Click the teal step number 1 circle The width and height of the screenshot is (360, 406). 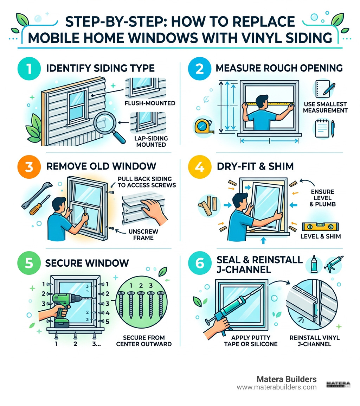click(27, 68)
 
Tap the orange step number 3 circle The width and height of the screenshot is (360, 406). click(27, 166)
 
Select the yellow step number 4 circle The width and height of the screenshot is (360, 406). click(199, 166)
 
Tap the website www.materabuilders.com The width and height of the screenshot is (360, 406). click(276, 387)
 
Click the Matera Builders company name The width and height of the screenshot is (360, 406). click(286, 379)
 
